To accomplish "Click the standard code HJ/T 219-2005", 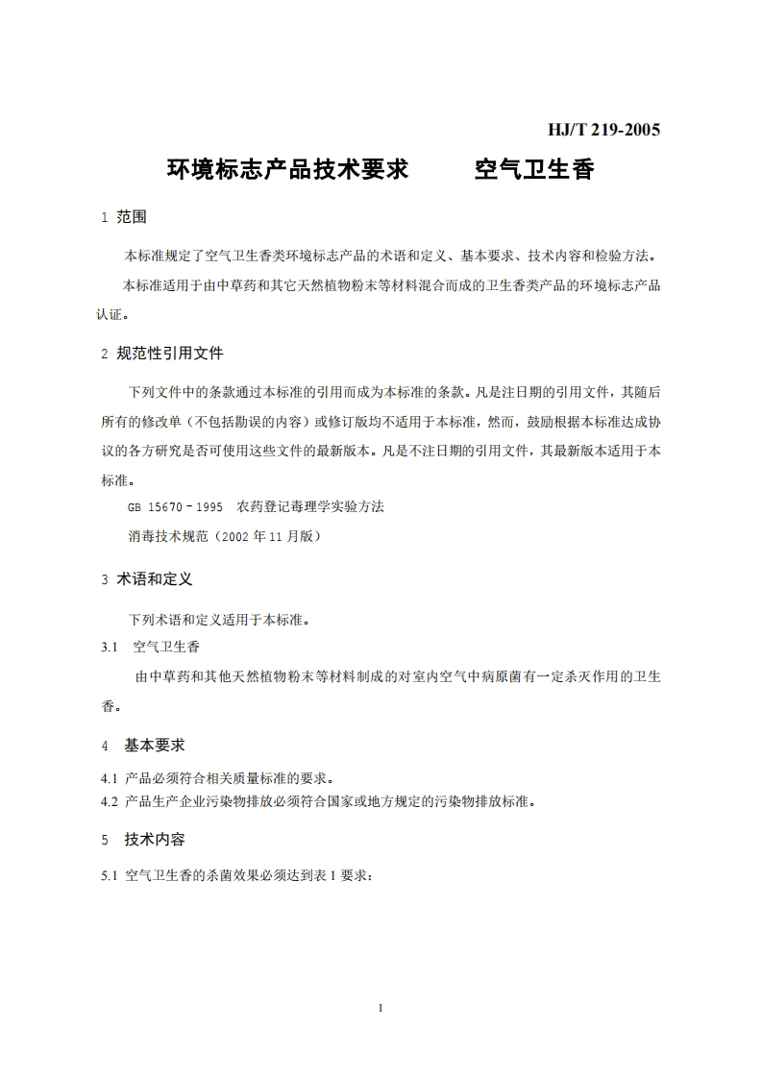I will (602, 130).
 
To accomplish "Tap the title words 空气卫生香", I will (534, 170).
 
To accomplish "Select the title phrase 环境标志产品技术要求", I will (288, 170).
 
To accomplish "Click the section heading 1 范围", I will (124, 217).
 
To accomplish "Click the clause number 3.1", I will (109, 647).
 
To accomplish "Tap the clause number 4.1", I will (108, 777).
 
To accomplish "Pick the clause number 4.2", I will (108, 800).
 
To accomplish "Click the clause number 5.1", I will (108, 875).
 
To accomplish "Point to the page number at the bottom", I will (381, 1008).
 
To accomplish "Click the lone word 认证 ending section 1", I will (113, 313).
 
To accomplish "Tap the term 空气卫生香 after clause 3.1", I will (166, 647).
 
